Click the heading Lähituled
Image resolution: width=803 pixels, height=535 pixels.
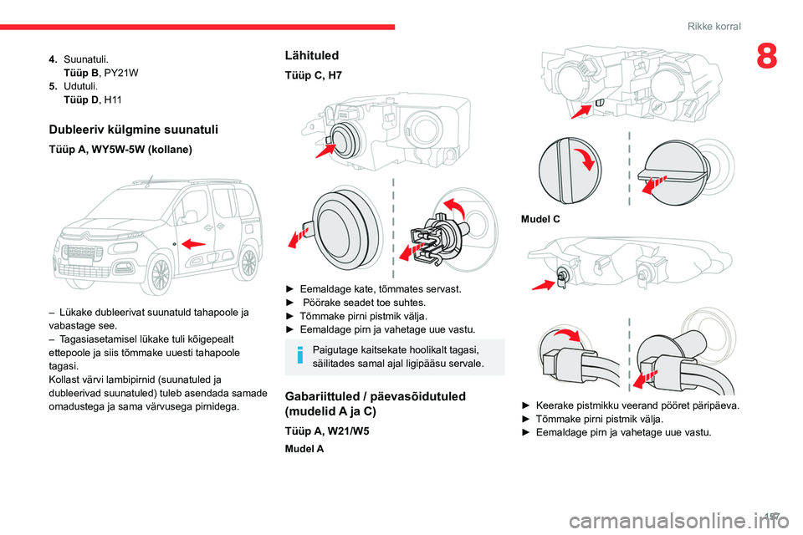click(312, 55)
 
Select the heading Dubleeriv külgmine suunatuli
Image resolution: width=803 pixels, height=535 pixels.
click(134, 129)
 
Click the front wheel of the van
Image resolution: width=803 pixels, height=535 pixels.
click(150, 267)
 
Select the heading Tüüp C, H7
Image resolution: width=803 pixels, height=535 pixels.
click(314, 75)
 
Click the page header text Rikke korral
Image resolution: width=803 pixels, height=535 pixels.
click(713, 27)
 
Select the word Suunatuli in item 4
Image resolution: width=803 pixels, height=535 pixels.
click(85, 59)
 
